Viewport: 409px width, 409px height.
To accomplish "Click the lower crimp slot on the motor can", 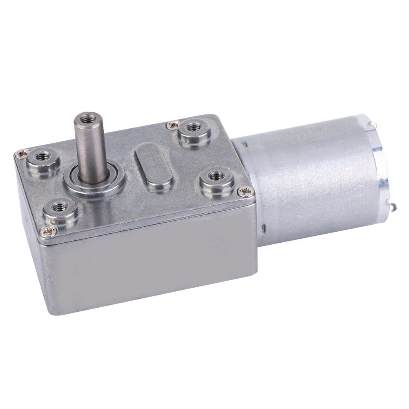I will click(x=264, y=227).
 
